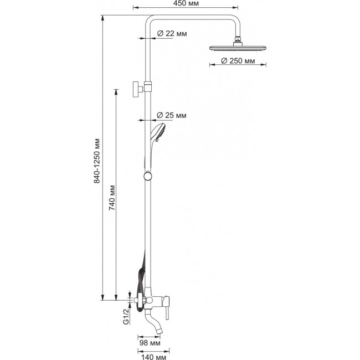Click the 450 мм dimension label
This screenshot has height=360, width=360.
coord(186,3)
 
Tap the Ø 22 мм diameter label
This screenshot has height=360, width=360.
coord(172,34)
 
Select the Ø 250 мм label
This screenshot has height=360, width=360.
coord(238,61)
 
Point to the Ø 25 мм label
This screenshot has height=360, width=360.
coord(172,115)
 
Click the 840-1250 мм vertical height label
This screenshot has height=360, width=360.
coord(97,161)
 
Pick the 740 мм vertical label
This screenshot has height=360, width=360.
coord(112,198)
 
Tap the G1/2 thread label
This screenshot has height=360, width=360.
coord(126,316)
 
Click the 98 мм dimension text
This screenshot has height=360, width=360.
coord(150,343)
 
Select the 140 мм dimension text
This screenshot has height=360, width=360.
coord(153,357)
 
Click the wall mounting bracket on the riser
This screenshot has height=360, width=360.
coord(142,89)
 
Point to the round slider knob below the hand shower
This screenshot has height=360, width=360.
coord(147,176)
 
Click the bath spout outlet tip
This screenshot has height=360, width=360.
coord(158,331)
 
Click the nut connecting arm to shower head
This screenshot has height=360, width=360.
coord(238,39)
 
